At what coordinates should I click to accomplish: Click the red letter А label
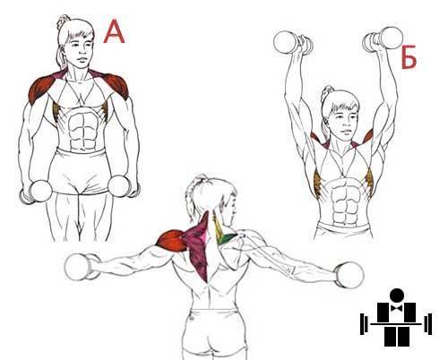(x=114, y=32)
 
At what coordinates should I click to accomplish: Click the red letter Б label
(x=409, y=57)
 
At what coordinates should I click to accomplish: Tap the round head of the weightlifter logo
(x=397, y=296)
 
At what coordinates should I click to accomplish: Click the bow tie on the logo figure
(x=397, y=308)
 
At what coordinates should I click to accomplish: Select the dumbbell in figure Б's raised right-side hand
(x=383, y=39)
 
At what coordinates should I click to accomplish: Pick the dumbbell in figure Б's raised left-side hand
(x=293, y=44)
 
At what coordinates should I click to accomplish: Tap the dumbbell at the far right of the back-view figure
(x=349, y=275)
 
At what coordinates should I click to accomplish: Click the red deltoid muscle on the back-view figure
(x=172, y=241)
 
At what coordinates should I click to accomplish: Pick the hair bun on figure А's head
(x=63, y=21)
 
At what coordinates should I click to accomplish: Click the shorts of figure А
(x=80, y=171)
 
